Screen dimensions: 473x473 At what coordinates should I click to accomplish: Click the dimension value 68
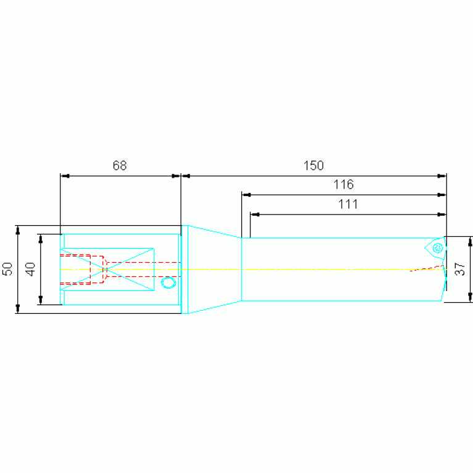pos(120,165)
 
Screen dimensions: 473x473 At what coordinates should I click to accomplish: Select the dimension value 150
pos(313,166)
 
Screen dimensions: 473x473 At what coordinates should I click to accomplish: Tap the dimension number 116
pos(343,184)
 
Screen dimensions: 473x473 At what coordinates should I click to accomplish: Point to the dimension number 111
pos(348,204)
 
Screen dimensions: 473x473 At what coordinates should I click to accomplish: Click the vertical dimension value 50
pos(7,269)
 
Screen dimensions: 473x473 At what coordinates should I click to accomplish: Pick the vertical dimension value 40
pos(30,269)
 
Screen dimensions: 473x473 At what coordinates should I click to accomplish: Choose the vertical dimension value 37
pos(460,269)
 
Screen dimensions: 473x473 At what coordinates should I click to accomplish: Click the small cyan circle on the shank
pos(168,282)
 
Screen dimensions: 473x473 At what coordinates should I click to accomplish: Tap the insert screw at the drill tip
pos(437,249)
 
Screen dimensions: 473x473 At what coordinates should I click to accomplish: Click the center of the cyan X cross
pos(106,269)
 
